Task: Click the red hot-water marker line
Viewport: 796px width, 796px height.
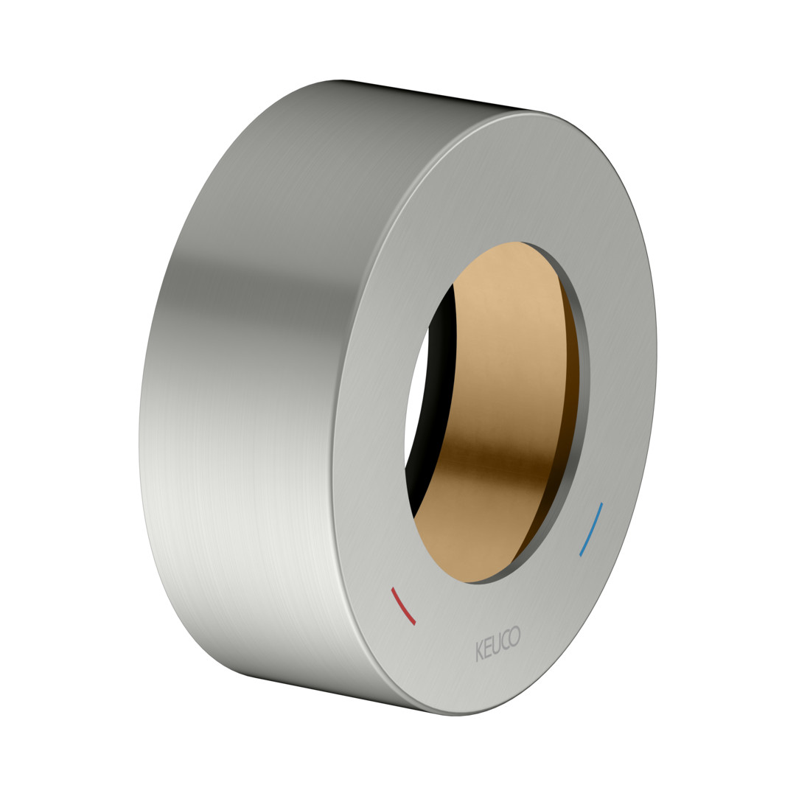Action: pyautogui.click(x=403, y=606)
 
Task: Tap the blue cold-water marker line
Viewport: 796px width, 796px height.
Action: pyautogui.click(x=592, y=529)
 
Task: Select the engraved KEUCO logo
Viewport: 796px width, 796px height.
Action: pyautogui.click(x=498, y=643)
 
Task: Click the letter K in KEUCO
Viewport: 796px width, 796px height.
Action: pyautogui.click(x=479, y=652)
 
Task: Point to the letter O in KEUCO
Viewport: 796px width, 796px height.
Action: pyautogui.click(x=514, y=637)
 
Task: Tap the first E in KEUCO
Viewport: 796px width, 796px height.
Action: pyautogui.click(x=488, y=649)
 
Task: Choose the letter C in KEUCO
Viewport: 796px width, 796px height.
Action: pyautogui.click(x=505, y=640)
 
